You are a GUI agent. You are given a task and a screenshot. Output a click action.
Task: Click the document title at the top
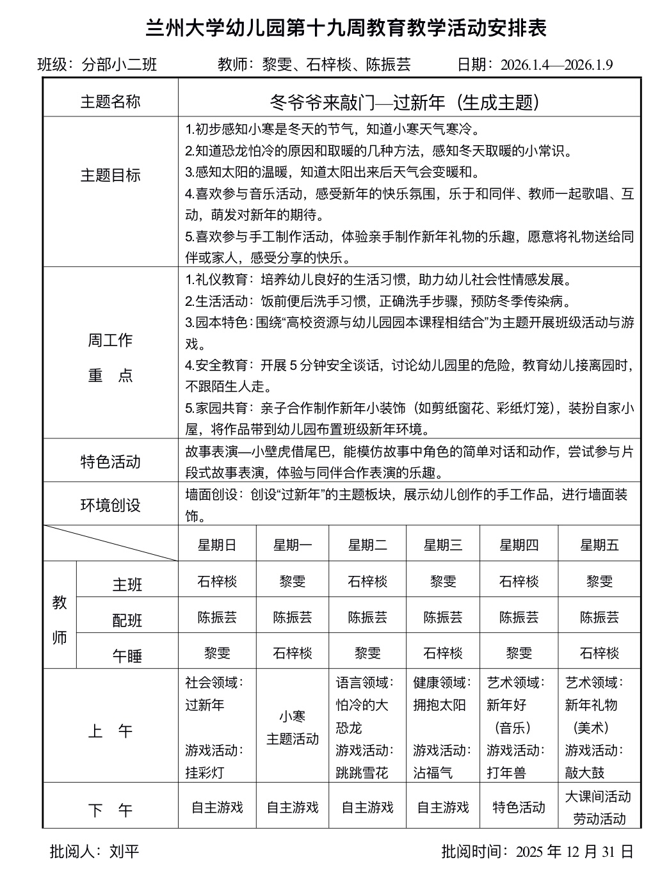tap(346, 29)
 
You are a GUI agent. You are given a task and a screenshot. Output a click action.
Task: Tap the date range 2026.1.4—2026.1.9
tap(556, 65)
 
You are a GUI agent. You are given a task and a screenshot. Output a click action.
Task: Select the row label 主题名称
tap(110, 102)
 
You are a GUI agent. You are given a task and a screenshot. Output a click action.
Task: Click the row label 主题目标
tap(110, 175)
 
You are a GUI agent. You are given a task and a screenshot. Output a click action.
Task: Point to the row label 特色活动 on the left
tap(110, 462)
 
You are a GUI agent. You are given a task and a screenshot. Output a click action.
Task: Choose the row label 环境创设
tap(110, 506)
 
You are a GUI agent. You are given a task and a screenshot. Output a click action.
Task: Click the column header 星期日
tap(217, 545)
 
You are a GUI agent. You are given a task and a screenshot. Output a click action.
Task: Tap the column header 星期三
tap(443, 545)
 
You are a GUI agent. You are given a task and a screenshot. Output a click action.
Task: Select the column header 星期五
tap(599, 545)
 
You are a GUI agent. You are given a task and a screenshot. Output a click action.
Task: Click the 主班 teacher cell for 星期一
tap(293, 582)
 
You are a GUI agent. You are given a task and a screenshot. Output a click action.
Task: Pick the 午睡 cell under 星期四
tap(519, 653)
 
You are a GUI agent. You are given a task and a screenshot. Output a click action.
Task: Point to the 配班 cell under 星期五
tap(599, 617)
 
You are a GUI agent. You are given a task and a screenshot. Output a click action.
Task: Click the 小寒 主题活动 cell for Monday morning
tap(293, 728)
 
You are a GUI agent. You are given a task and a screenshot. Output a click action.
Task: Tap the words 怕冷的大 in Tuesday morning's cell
tap(362, 705)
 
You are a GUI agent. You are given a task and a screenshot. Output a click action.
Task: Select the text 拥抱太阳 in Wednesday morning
tap(439, 705)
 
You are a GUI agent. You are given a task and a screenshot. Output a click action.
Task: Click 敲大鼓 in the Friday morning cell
tap(584, 772)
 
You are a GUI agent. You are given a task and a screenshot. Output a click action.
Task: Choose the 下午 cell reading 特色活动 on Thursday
tap(519, 808)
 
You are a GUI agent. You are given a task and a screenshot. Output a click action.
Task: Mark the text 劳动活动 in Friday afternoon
tap(599, 818)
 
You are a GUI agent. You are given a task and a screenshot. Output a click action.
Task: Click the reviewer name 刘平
tap(124, 852)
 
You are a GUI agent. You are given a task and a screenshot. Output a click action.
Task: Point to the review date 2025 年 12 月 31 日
tap(574, 852)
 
